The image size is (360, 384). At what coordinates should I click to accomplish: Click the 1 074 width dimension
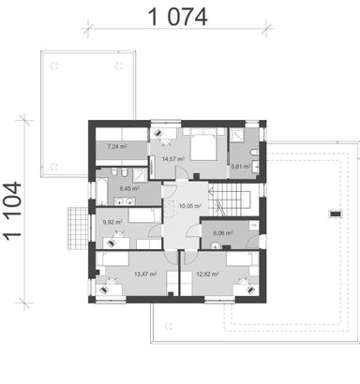(x=175, y=18)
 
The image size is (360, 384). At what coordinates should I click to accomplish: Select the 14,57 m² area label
(x=172, y=159)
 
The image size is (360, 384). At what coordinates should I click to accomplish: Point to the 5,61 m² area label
(x=242, y=168)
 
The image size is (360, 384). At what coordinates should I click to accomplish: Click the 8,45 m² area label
(x=128, y=187)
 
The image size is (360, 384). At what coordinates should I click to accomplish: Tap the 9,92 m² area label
(x=112, y=222)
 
